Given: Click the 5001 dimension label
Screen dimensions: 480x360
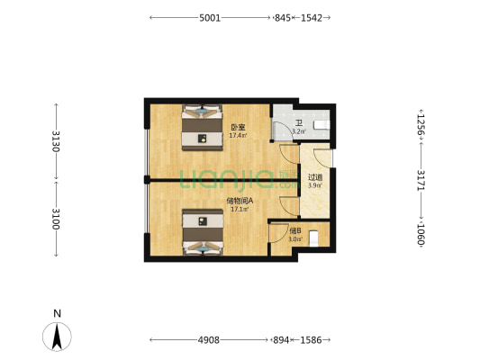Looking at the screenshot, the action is coord(210,18).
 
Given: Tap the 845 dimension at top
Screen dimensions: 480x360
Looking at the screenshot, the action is coord(282,18).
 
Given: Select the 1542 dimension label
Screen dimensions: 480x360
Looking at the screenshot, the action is coord(312,18).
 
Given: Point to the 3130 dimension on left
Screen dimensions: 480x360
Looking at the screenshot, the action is coord(56,141).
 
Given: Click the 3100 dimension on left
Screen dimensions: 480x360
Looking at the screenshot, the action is coord(56,219).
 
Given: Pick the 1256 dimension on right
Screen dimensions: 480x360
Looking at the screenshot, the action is coord(421,125).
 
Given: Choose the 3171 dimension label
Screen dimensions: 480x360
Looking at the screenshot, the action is coord(421,180).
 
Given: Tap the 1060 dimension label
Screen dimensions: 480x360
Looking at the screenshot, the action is coord(421,234).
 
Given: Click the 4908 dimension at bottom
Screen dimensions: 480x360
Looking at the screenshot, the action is coord(209,340).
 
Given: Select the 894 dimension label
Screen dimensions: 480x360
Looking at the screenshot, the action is coord(281,340).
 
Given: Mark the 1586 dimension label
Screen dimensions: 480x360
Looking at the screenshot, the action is coord(311,340).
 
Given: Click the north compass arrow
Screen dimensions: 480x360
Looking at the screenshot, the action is coord(57,337).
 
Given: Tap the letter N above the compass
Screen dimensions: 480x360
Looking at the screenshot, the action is coord(58,313).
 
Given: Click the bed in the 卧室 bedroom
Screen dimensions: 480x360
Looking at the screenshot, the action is coord(203,128).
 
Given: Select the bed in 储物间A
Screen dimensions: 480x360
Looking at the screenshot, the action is coord(203,232).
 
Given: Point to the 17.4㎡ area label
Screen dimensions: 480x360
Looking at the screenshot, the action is coord(239,135).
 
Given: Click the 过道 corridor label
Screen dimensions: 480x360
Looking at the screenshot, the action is coord(315,177).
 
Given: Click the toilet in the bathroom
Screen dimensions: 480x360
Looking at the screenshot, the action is coord(322,125).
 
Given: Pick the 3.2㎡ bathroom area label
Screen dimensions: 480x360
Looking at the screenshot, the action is coord(299,131).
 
